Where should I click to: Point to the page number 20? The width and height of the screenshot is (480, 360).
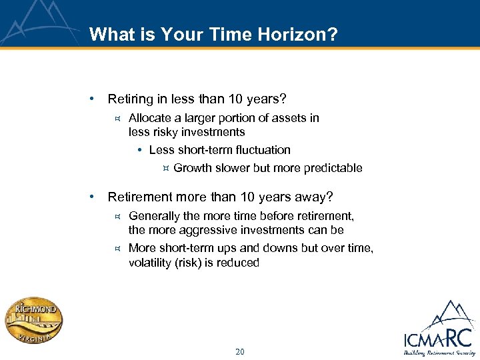(239, 351)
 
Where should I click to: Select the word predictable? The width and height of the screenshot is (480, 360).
(333, 168)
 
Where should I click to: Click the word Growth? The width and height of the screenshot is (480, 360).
(192, 168)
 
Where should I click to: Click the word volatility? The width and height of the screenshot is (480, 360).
(151, 263)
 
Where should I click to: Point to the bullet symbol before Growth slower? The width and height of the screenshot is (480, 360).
(165, 168)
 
